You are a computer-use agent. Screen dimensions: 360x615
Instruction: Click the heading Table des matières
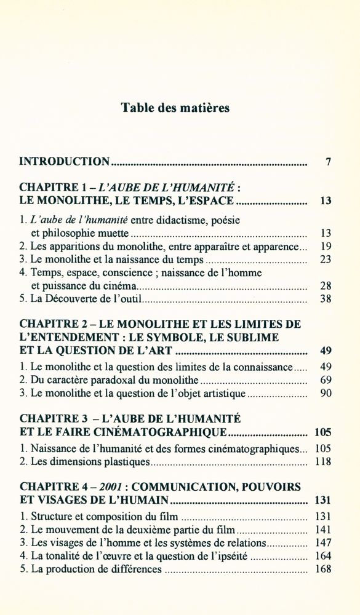175,108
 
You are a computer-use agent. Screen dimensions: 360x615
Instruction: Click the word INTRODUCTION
65,162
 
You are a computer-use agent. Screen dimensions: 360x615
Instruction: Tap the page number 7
329,162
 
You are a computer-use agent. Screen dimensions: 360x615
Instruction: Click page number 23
326,260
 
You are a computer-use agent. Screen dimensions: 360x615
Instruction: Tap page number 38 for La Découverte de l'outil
326,300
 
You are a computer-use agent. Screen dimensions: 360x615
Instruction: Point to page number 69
326,380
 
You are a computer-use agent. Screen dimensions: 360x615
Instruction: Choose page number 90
326,394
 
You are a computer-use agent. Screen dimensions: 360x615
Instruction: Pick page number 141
323,530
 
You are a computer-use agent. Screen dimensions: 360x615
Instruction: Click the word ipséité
231,556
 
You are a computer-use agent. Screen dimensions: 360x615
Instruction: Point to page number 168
323,569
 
